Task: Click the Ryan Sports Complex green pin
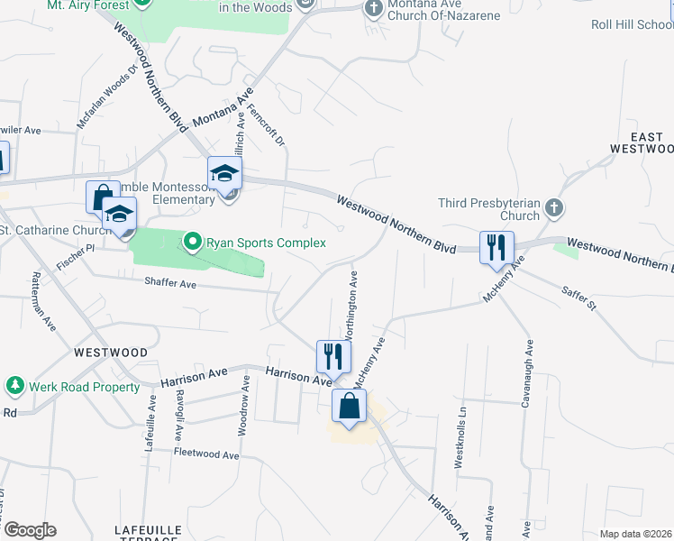tap(192, 242)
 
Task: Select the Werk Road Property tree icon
tap(14, 387)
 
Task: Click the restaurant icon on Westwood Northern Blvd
tap(496, 249)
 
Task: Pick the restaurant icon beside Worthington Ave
tap(332, 356)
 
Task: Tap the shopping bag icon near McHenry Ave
tap(349, 406)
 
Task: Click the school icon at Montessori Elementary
tap(224, 174)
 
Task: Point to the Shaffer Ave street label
tap(170, 283)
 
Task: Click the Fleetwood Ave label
tap(206, 454)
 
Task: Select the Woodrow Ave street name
tap(243, 407)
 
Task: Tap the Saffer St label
tap(579, 299)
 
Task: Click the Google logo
tap(30, 530)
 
